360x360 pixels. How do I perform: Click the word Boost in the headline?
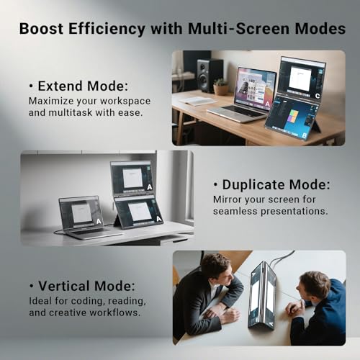[x=41, y=29]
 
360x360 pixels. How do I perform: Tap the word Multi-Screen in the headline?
[x=238, y=29]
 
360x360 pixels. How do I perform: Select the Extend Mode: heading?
[x=78, y=86]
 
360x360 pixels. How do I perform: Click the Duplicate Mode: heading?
[x=271, y=184]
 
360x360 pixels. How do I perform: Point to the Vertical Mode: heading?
[x=82, y=286]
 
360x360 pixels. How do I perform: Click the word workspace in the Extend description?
[x=125, y=102]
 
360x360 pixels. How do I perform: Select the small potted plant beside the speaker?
[x=220, y=87]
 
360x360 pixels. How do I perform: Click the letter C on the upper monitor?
[x=318, y=96]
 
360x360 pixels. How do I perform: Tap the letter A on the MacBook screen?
[x=267, y=104]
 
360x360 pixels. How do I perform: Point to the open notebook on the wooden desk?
[x=195, y=101]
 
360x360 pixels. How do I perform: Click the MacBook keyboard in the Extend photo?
[x=235, y=111]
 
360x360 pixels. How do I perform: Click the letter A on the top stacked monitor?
[x=150, y=186]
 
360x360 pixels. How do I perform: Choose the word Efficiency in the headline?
[x=107, y=29]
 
